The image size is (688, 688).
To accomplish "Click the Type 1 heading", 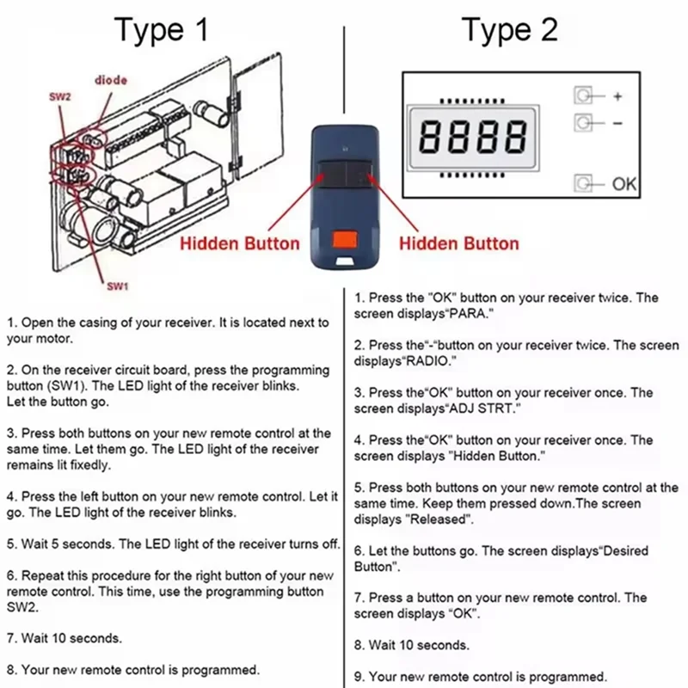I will (x=162, y=30).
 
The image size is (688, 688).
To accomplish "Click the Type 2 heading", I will (x=510, y=30).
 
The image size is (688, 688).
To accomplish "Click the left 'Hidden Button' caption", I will (x=239, y=243).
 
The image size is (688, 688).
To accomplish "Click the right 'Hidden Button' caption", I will (x=459, y=243).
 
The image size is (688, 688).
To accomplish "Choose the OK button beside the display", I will (x=585, y=183).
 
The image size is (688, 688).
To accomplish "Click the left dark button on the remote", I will (x=330, y=176).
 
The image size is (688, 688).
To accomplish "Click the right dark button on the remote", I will (x=360, y=176).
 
